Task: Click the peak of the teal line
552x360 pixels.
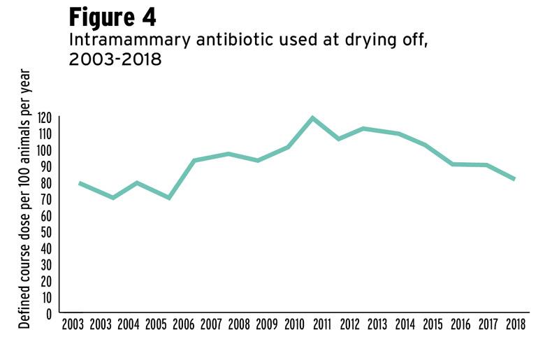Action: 312,117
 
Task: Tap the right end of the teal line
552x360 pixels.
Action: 514,180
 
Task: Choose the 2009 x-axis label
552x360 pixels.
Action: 266,325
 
